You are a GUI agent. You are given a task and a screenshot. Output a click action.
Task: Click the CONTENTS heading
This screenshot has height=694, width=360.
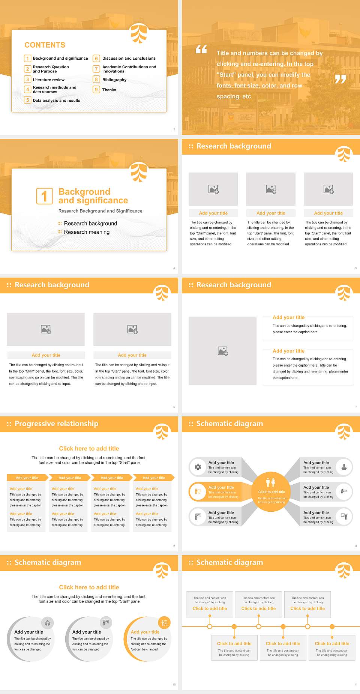45,45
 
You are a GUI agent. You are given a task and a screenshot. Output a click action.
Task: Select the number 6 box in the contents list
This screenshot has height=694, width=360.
96,59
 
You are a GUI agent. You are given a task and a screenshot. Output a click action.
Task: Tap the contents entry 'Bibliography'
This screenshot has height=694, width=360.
114,80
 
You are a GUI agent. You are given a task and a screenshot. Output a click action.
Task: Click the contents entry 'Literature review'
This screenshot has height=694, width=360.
48,80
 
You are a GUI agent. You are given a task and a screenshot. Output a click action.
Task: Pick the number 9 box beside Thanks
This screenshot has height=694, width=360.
96,90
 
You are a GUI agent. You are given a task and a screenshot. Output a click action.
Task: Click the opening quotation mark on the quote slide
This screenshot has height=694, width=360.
201,49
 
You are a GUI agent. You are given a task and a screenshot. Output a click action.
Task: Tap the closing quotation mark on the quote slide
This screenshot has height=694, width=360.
340,79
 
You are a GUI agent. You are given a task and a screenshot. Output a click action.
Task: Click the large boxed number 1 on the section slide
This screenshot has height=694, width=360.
44,196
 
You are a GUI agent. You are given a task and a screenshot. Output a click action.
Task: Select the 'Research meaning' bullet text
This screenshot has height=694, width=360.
87,232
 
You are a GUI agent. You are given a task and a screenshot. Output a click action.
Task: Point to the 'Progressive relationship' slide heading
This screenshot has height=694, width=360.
56,424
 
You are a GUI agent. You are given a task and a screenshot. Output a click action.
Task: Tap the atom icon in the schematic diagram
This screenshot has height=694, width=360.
198,467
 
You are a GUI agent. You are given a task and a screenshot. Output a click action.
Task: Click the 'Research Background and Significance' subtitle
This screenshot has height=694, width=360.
100,211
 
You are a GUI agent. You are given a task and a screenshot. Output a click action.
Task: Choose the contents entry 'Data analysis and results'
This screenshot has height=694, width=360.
56,101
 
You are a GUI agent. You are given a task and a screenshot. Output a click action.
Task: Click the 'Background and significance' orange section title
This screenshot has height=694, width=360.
93,196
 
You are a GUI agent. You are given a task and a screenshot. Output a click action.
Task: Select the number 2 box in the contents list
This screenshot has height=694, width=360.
27,69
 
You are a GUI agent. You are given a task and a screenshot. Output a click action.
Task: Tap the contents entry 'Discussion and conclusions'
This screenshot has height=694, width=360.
129,59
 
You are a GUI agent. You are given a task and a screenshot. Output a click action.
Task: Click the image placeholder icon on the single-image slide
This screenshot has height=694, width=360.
223,351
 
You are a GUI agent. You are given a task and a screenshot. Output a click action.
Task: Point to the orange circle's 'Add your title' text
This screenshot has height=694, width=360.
145,632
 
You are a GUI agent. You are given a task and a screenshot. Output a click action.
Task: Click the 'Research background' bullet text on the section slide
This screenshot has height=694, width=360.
90,224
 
